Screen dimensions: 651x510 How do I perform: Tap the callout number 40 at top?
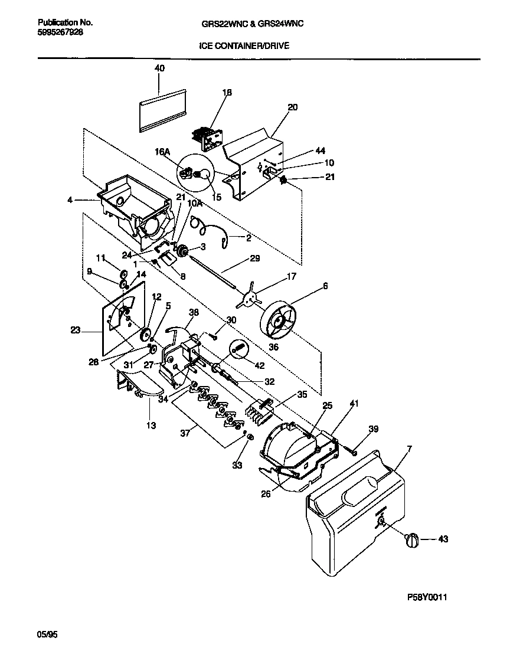pyautogui.click(x=160, y=68)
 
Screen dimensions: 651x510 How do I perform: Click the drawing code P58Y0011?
pyautogui.click(x=427, y=597)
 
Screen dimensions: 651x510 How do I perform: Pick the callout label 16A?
pyautogui.click(x=163, y=152)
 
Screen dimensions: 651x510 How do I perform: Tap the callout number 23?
pyautogui.click(x=75, y=331)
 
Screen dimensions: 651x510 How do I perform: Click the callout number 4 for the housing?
pyautogui.click(x=70, y=200)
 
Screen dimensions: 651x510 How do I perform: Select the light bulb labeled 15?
pyautogui.click(x=204, y=174)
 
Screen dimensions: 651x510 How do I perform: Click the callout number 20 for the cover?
pyautogui.click(x=293, y=107)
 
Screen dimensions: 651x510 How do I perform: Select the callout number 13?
pyautogui.click(x=151, y=424)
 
